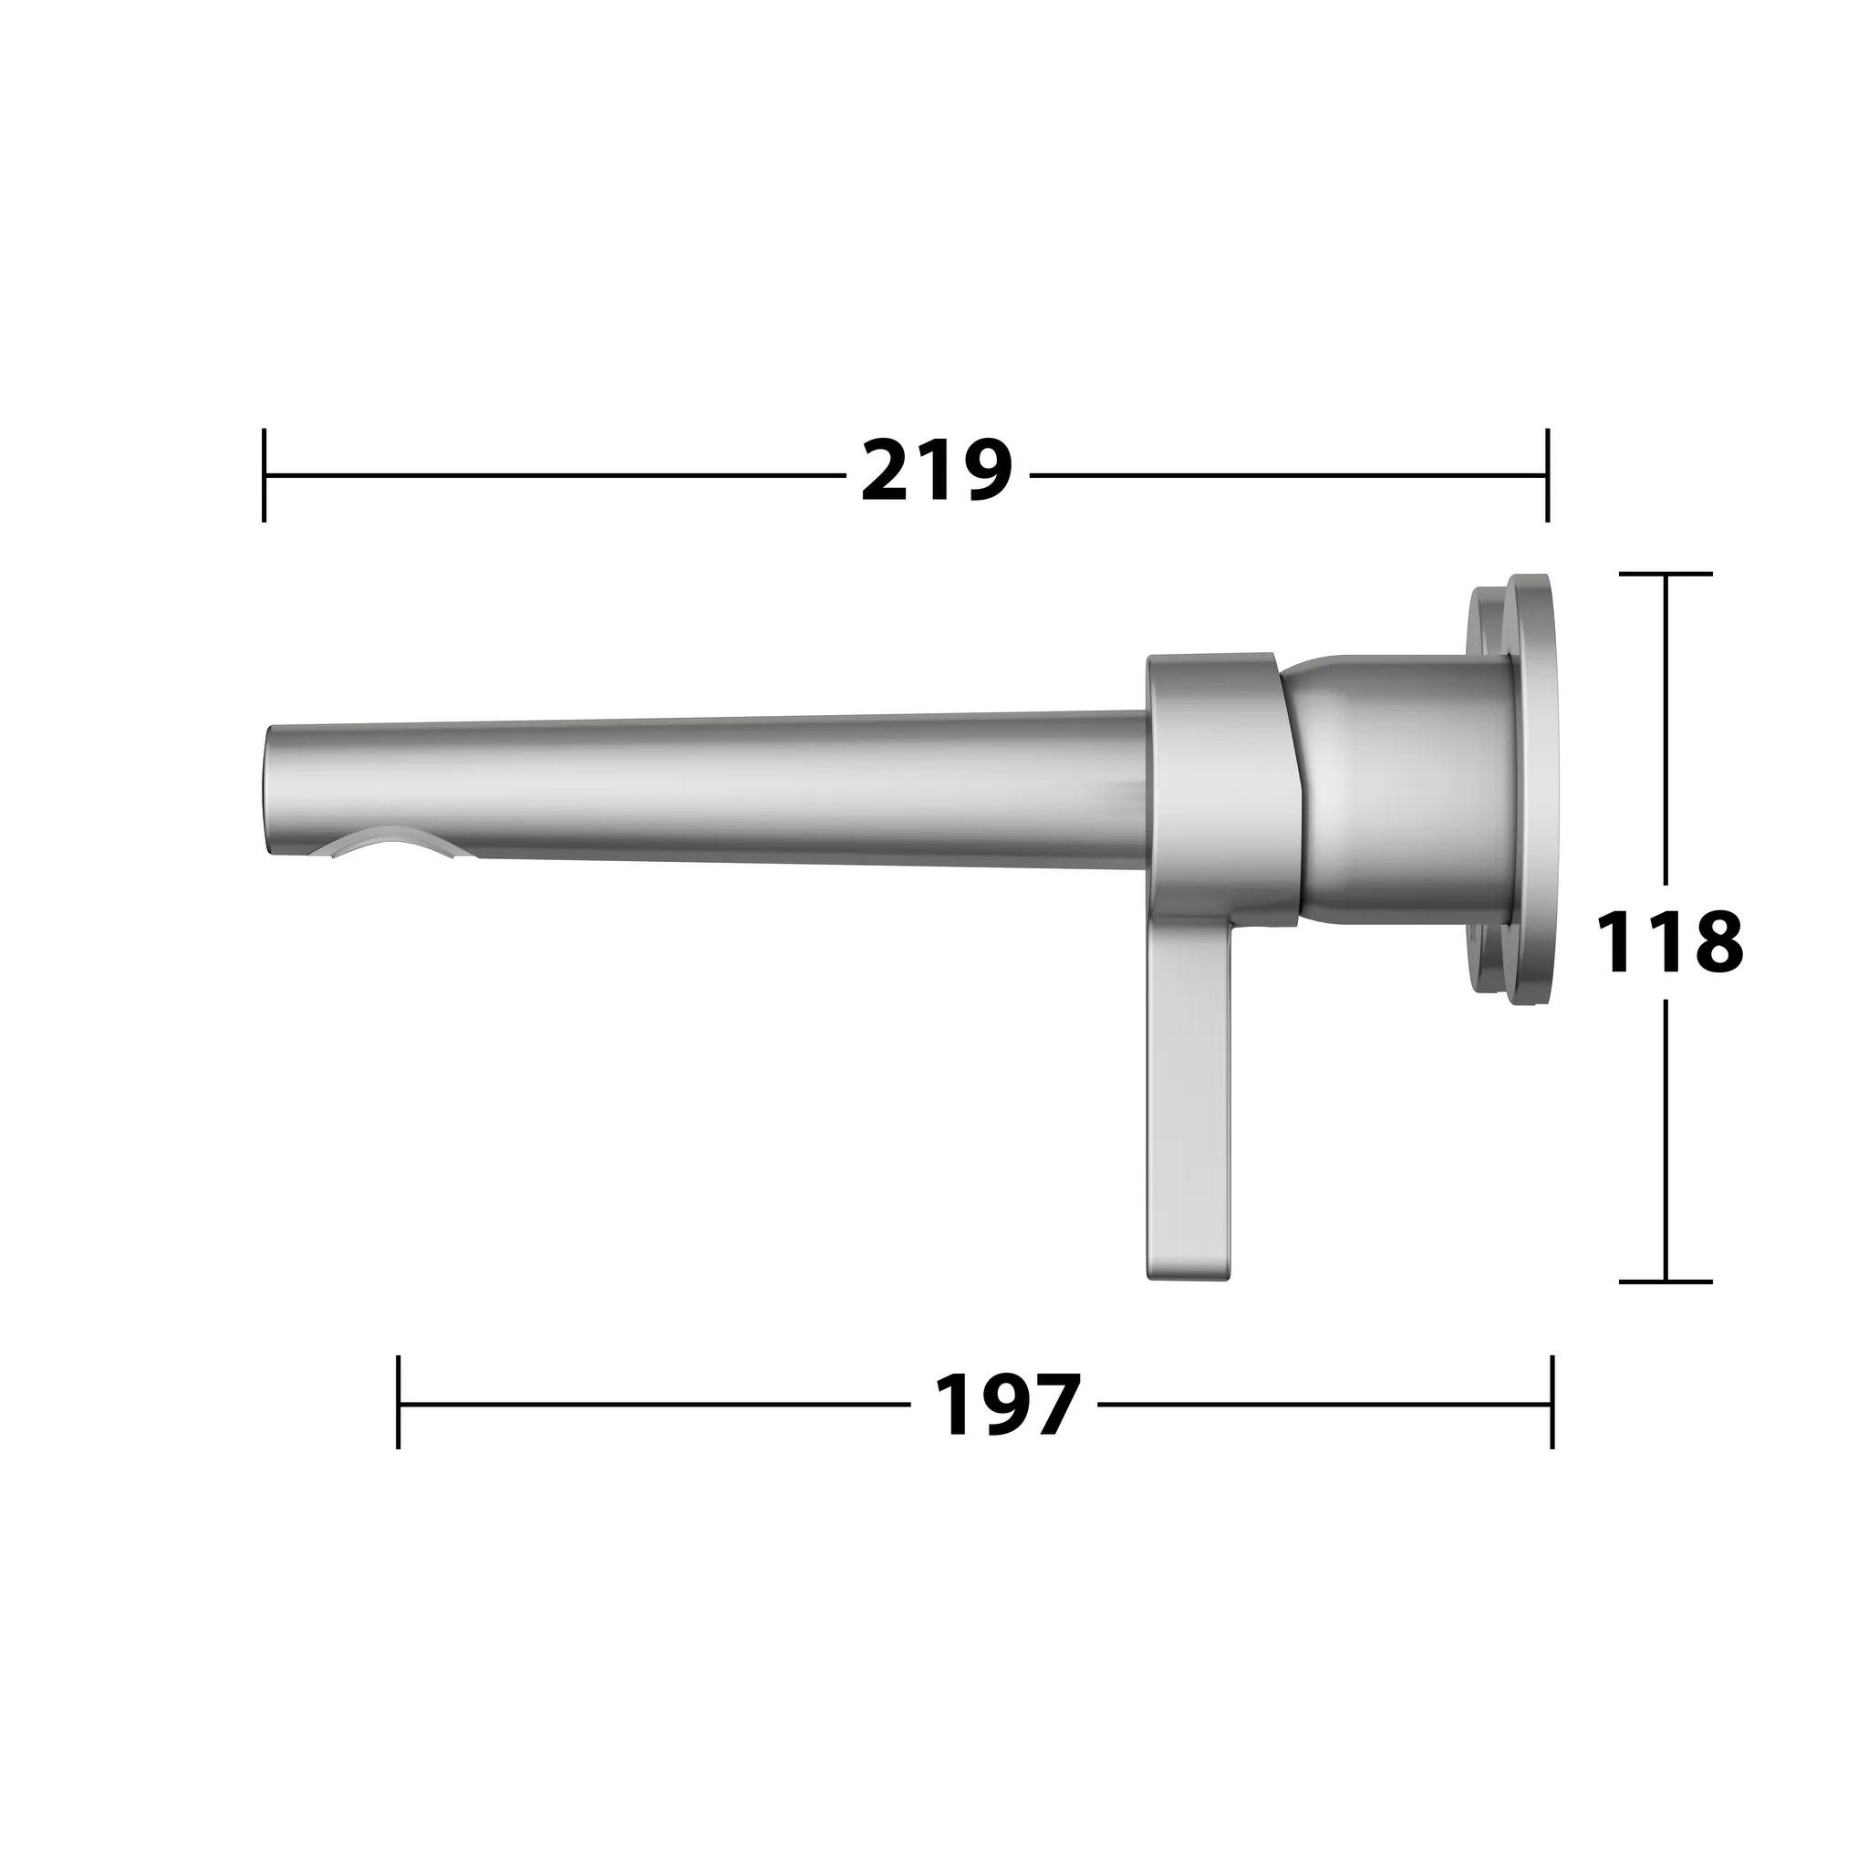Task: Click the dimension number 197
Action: (x=1005, y=1405)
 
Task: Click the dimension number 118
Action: (x=1669, y=943)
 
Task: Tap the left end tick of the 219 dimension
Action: (x=264, y=474)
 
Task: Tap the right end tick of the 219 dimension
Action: (x=1547, y=474)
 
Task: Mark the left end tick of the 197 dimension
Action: (x=399, y=1403)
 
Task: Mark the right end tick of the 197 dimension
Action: (x=1551, y=1403)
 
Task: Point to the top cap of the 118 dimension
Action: (x=1665, y=575)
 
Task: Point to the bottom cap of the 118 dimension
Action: (x=1665, y=1282)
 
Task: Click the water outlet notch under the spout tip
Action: (x=387, y=843)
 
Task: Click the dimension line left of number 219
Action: (x=551, y=474)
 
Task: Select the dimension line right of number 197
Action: (x=1324, y=1403)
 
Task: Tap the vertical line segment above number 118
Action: (x=1665, y=725)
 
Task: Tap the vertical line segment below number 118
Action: (x=1665, y=1141)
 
